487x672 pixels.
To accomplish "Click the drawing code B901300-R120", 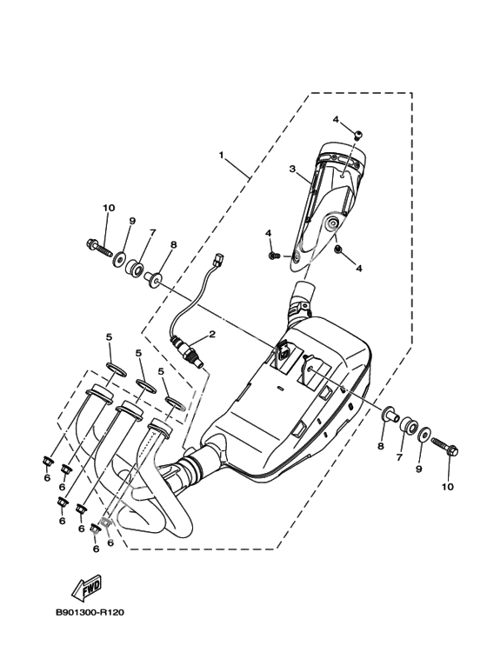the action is click(x=90, y=612).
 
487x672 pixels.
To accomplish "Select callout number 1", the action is click(x=221, y=155).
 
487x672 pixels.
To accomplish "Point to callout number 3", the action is click(x=292, y=169).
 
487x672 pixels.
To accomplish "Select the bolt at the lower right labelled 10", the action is click(x=445, y=446).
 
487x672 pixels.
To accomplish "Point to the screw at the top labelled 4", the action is click(x=358, y=135).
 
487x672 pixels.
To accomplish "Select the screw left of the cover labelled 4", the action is click(x=274, y=256).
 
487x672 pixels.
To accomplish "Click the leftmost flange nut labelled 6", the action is click(x=47, y=462).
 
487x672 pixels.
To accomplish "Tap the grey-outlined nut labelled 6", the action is click(x=105, y=522).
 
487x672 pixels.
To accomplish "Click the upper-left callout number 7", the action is click(x=152, y=232).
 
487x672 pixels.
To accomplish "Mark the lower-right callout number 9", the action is click(x=419, y=469).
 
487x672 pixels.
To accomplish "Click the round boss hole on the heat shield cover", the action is click(x=331, y=223).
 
